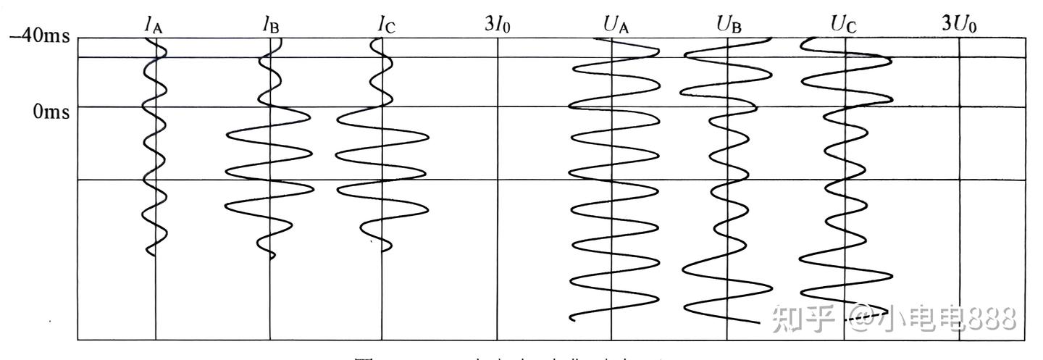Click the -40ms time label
point(40,35)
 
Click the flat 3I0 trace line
point(498,217)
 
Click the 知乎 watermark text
point(797,317)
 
